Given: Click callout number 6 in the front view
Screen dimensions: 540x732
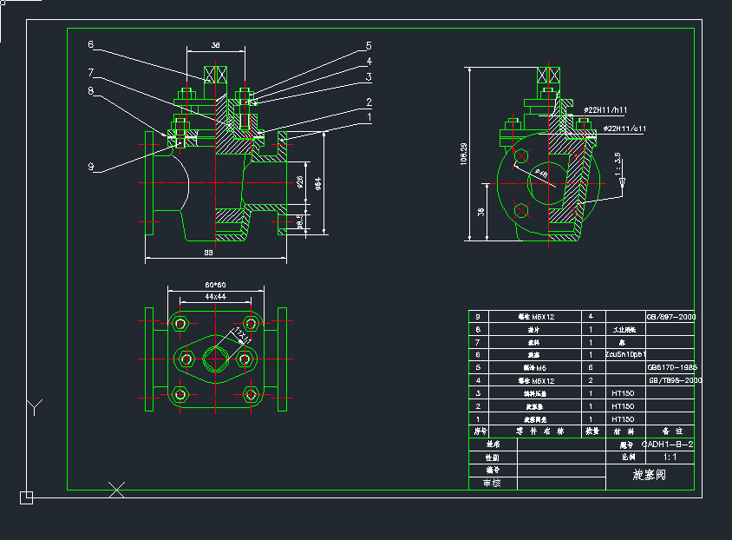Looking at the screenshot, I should pos(90,44).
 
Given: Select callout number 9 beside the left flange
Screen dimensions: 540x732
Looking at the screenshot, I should pos(90,166).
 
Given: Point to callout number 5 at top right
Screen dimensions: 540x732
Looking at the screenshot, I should pos(369,45).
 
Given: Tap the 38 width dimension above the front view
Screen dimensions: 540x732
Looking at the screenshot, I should pos(216,44).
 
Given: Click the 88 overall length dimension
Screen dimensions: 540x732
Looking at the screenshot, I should pos(209,253).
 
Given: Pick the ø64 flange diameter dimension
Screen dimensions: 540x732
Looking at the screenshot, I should pos(318,183).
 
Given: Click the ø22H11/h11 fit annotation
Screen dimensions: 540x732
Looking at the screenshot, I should pos(605,110).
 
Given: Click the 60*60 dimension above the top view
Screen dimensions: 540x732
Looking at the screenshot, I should pos(215,285).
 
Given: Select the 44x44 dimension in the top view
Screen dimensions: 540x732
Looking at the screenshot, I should pos(215,297).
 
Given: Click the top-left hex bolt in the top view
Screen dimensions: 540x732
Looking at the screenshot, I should pos(180,324).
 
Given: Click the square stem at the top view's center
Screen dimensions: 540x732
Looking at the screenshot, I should pos(214,356).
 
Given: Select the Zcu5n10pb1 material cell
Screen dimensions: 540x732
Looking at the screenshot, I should pos(625,354).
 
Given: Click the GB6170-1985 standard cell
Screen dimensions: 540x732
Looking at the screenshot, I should pos(672,367).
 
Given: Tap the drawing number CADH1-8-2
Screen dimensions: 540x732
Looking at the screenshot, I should pos(667,444).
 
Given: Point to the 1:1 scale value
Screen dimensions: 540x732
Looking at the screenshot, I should pos(669,456).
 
